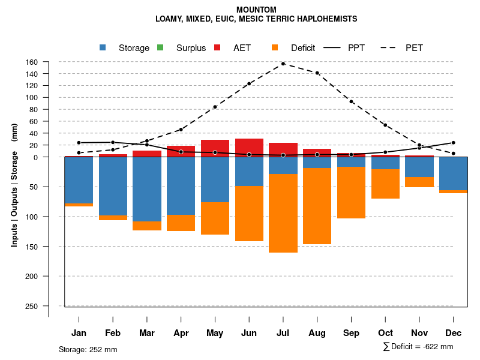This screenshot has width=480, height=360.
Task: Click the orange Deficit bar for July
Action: [x=283, y=213]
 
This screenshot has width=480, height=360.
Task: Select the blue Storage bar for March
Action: [x=147, y=189]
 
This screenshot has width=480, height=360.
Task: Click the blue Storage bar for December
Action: [x=453, y=173]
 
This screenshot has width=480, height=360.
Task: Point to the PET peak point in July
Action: [x=283, y=64]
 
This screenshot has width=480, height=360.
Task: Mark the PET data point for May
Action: [x=215, y=107]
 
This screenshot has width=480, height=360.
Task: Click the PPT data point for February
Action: [x=113, y=142]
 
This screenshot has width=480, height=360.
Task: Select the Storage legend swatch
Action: [x=103, y=48]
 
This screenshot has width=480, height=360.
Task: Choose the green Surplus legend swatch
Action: [x=160, y=48]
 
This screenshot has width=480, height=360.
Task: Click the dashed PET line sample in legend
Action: [x=390, y=48]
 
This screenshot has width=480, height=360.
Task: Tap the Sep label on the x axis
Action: [x=351, y=333]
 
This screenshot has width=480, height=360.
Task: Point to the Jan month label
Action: [x=79, y=333]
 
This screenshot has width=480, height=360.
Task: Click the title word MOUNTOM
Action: [x=256, y=10]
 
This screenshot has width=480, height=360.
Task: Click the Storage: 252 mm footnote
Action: [x=88, y=349]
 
